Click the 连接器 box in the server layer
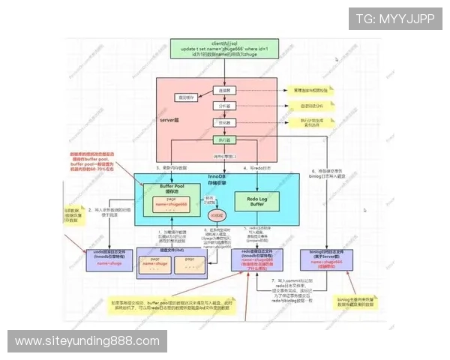coord(223,90)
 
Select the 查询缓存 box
coord(184,97)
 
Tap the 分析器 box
coord(223,106)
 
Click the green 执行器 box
coord(223,139)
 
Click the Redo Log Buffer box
coord(256,200)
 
